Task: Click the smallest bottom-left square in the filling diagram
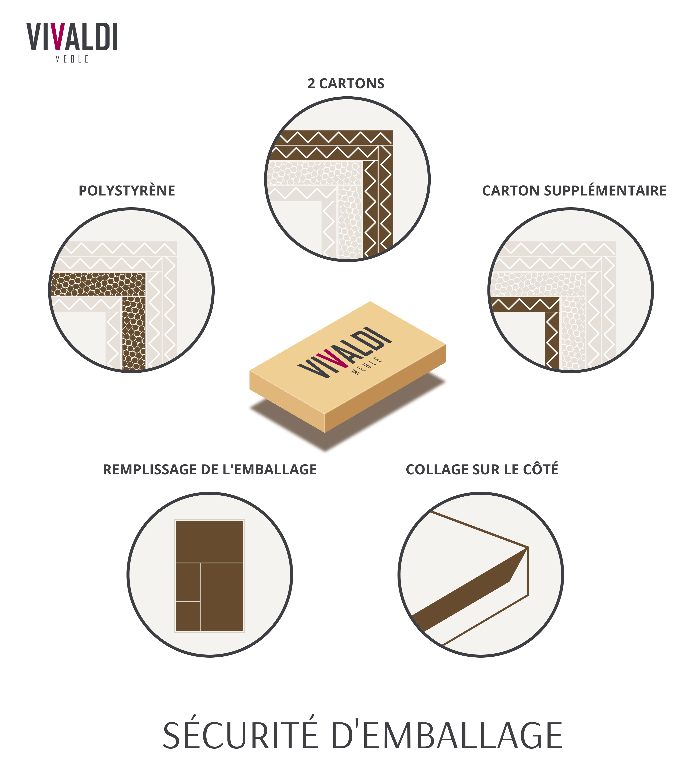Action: (188, 617)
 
